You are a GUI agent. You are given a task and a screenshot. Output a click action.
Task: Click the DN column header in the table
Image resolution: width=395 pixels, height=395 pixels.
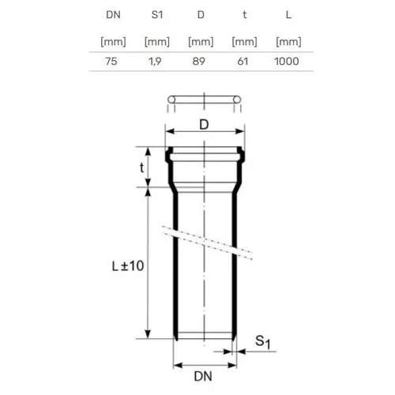(113, 15)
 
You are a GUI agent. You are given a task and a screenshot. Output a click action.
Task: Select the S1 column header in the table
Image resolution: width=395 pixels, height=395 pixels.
(157, 15)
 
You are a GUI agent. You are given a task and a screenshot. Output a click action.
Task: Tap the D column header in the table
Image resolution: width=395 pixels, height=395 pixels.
(201, 15)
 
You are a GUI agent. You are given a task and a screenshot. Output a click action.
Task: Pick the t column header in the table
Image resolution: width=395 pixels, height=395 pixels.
(245, 15)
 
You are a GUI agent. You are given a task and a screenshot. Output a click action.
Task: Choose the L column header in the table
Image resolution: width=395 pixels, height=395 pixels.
(288, 15)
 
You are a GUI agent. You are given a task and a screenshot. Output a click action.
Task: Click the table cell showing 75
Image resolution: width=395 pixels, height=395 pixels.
(111, 62)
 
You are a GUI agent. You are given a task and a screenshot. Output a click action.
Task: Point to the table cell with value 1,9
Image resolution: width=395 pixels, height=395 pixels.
(155, 62)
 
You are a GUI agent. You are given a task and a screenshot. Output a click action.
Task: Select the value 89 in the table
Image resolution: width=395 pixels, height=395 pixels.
(199, 62)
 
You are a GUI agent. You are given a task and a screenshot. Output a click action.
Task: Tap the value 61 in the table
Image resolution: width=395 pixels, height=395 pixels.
(243, 62)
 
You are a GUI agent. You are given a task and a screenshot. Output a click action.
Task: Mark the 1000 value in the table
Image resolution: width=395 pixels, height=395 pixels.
(287, 62)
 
